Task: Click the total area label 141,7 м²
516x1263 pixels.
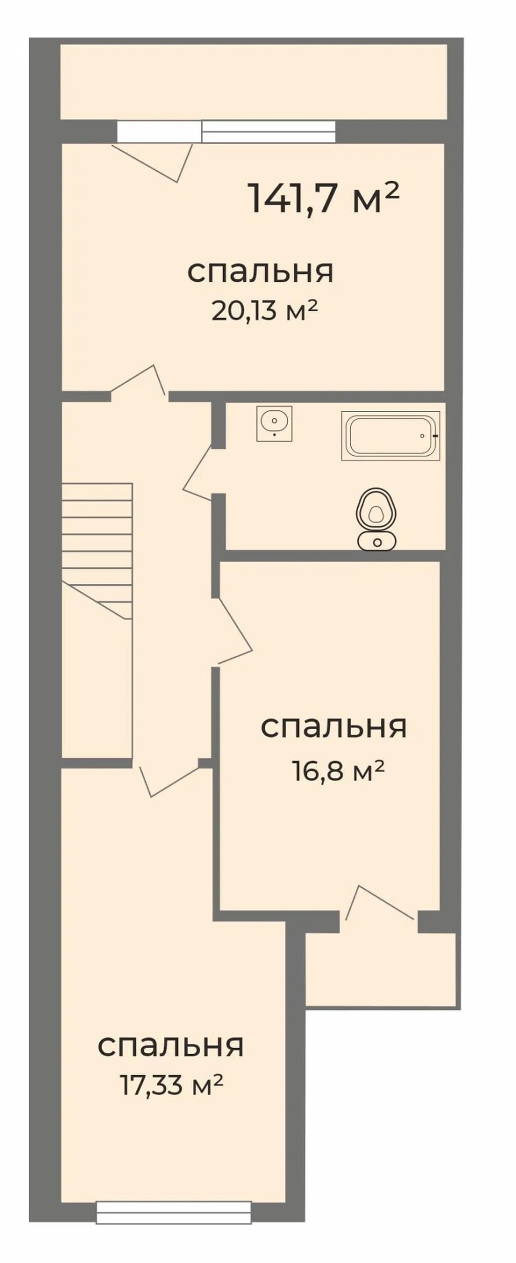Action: click(x=324, y=198)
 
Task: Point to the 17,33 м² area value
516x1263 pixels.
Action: click(x=171, y=1085)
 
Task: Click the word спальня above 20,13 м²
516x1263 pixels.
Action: click(x=261, y=272)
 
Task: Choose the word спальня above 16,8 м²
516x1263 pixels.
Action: click(x=334, y=727)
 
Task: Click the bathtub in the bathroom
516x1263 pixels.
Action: click(x=391, y=436)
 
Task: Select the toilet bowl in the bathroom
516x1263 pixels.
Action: click(x=376, y=509)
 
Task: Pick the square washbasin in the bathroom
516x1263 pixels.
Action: click(x=274, y=424)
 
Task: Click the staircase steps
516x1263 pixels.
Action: click(x=97, y=551)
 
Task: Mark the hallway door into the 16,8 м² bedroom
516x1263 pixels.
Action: click(x=234, y=631)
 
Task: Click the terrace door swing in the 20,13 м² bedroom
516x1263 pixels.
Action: click(x=152, y=162)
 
